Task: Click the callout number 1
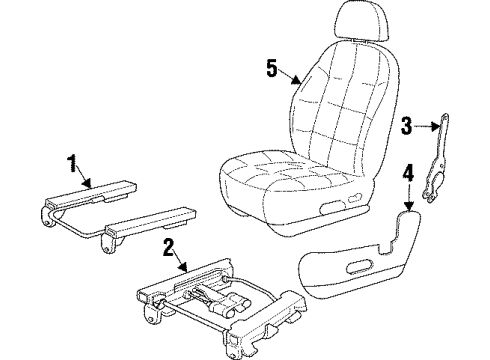coord(71,160)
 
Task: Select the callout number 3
coord(406,124)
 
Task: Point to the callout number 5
coord(271,68)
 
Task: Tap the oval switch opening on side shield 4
coord(354,266)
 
